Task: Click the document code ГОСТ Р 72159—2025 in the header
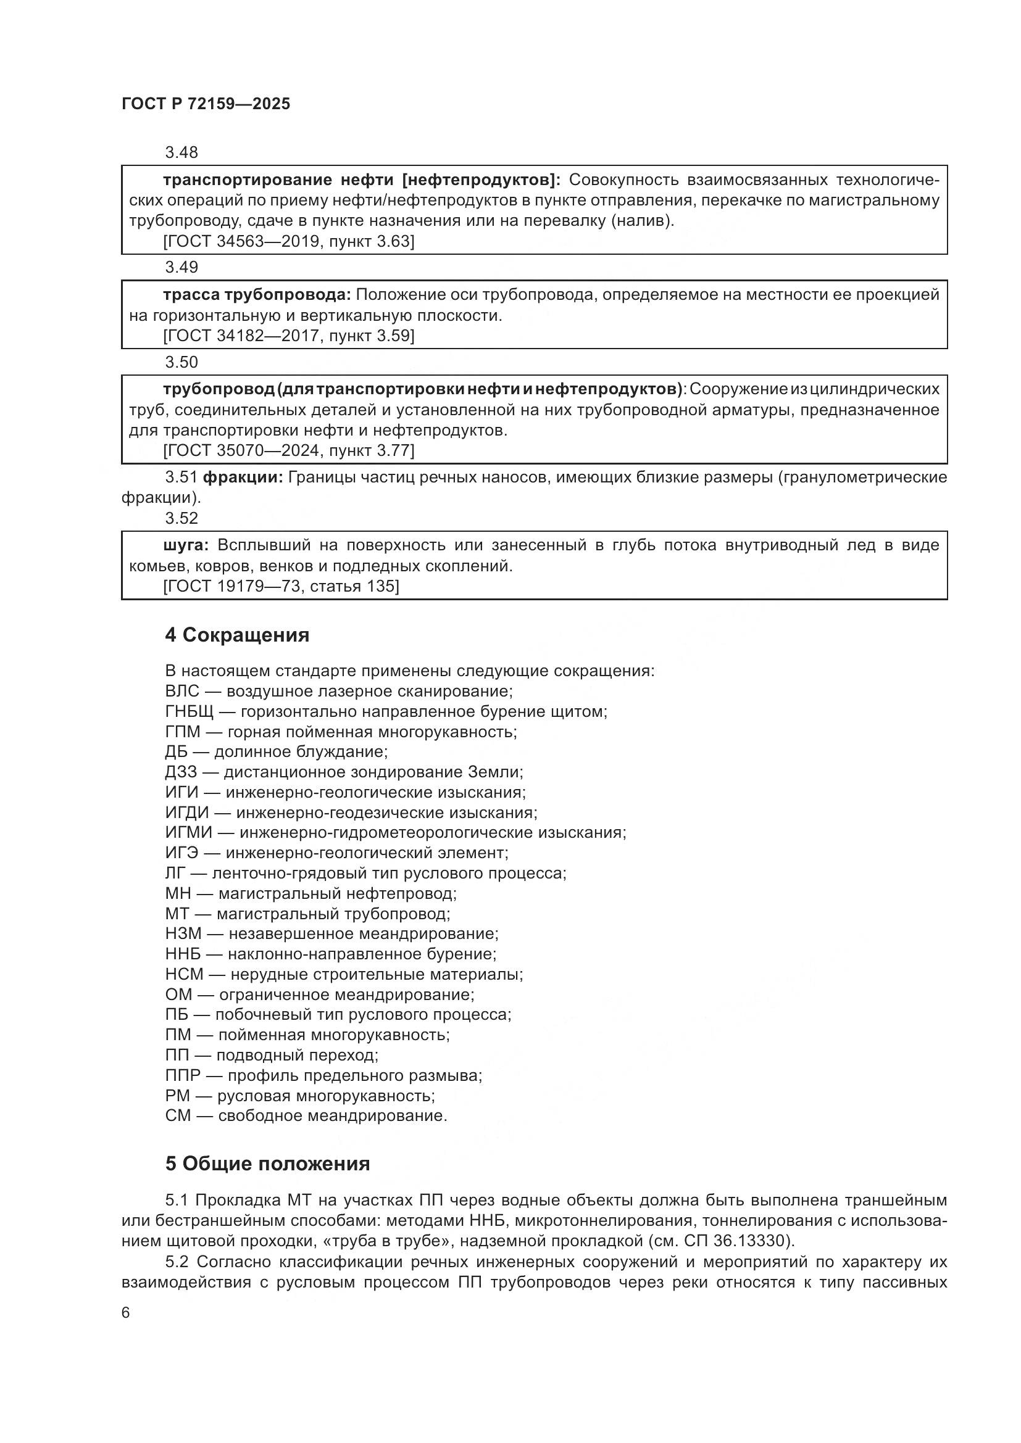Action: [x=206, y=104]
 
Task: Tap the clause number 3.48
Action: [x=181, y=152]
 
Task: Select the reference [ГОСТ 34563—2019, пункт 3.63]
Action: [x=288, y=241]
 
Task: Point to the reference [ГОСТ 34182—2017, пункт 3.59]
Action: [x=288, y=336]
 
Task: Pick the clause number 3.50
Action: [x=181, y=362]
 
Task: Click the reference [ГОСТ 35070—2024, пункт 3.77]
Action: [x=288, y=450]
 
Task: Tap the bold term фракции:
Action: [x=243, y=477]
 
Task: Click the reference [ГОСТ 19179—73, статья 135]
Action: [x=281, y=586]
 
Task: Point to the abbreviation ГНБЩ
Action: [x=190, y=711]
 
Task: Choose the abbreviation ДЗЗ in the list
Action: [x=181, y=772]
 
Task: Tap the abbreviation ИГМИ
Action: [x=186, y=833]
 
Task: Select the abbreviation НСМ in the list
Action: [x=184, y=974]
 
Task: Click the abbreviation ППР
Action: [x=182, y=1075]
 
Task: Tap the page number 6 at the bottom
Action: [x=126, y=1313]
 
